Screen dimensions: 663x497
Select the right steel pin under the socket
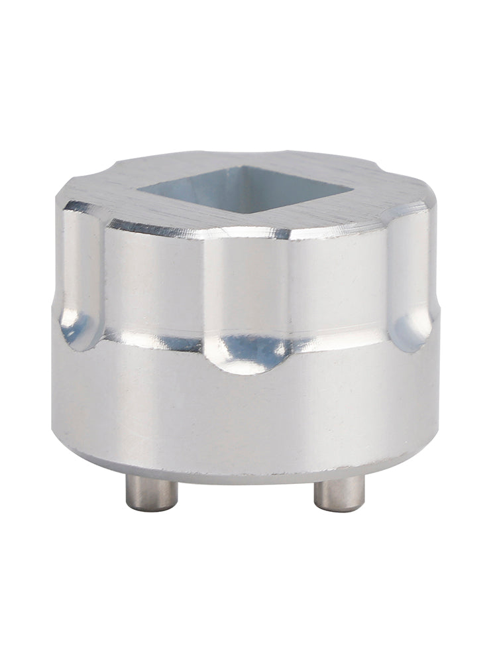click(x=338, y=494)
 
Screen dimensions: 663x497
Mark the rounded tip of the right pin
click(x=338, y=507)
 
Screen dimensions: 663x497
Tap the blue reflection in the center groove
click(x=255, y=351)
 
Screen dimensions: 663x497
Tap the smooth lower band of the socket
click(x=245, y=411)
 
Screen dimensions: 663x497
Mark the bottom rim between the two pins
click(x=245, y=472)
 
